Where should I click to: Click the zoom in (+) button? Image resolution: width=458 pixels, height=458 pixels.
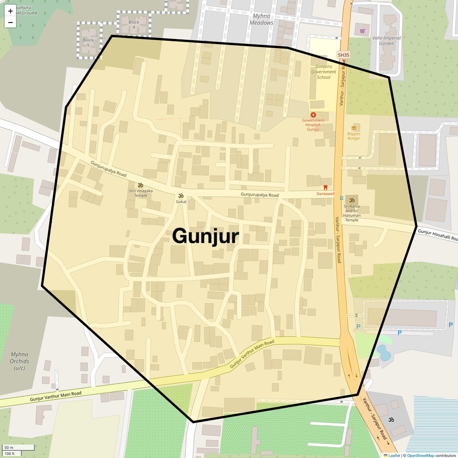pos(10,11)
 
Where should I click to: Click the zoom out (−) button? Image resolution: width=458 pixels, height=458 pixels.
pos(10,22)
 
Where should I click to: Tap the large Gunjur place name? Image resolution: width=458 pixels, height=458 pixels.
pos(205,236)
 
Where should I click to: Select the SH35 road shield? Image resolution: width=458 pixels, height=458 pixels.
pos(343,55)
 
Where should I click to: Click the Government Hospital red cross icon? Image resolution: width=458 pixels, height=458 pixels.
pos(313,115)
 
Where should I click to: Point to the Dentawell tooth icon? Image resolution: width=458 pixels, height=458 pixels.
pos(325,188)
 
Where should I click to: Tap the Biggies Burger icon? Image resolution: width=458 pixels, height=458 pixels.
pos(354,128)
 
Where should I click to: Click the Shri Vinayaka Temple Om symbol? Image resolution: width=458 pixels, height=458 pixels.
pos(141,185)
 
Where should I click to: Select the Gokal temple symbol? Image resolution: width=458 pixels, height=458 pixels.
pos(181,196)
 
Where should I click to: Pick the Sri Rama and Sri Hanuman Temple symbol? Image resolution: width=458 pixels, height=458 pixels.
pos(352,200)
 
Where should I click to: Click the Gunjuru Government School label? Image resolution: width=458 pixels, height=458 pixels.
pos(323,72)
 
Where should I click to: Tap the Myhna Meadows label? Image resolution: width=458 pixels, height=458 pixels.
pos(262,19)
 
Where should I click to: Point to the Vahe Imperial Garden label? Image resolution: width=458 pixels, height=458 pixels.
pos(386,41)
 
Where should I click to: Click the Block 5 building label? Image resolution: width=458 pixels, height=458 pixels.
pos(88,42)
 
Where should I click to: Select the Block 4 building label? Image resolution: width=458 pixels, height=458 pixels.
pos(134,25)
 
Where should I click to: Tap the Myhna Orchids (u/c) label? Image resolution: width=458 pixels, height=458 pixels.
pos(19,361)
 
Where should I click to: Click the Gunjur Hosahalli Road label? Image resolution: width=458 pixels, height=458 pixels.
pos(438,235)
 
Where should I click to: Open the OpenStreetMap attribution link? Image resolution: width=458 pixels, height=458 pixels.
pos(420,456)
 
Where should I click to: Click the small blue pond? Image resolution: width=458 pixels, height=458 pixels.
pos(384,352)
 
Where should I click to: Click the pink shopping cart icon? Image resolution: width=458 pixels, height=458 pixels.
pos(362,31)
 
